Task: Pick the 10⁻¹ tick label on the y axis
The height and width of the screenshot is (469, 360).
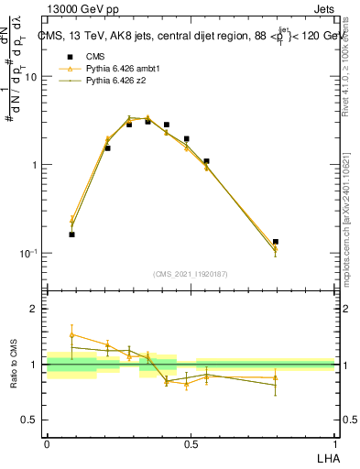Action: tap(27, 254)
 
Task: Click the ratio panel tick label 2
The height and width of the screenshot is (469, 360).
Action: tap(35, 310)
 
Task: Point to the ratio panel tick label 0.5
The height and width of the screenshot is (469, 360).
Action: tap(29, 420)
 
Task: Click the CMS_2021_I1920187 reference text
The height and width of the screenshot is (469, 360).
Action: tap(190, 274)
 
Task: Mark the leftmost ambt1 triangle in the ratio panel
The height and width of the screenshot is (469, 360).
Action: tap(71, 335)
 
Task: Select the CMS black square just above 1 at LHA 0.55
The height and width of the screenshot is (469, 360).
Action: tap(206, 161)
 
